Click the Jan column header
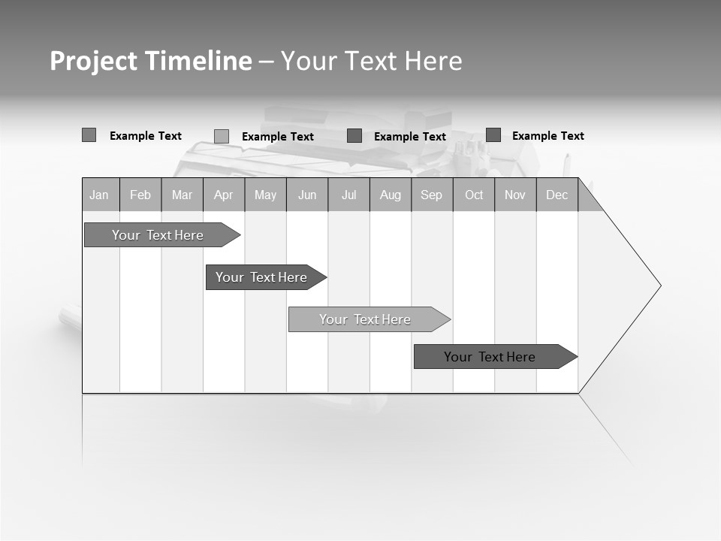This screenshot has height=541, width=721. click(100, 195)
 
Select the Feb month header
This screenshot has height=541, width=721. click(140, 195)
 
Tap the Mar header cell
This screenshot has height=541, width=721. click(182, 195)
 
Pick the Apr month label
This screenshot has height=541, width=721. click(224, 195)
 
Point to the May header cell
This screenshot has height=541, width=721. click(265, 195)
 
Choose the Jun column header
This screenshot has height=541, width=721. click(307, 195)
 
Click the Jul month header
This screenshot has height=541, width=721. click(348, 195)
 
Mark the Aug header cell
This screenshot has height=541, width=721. click(391, 195)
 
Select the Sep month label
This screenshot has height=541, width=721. click(432, 195)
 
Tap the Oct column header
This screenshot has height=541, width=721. click(474, 195)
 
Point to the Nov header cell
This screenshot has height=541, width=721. click(515, 195)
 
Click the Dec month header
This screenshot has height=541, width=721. click(557, 195)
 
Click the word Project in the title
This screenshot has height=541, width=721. click(93, 61)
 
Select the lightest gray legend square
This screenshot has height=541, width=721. click(222, 136)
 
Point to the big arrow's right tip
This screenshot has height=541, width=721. click(659, 286)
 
